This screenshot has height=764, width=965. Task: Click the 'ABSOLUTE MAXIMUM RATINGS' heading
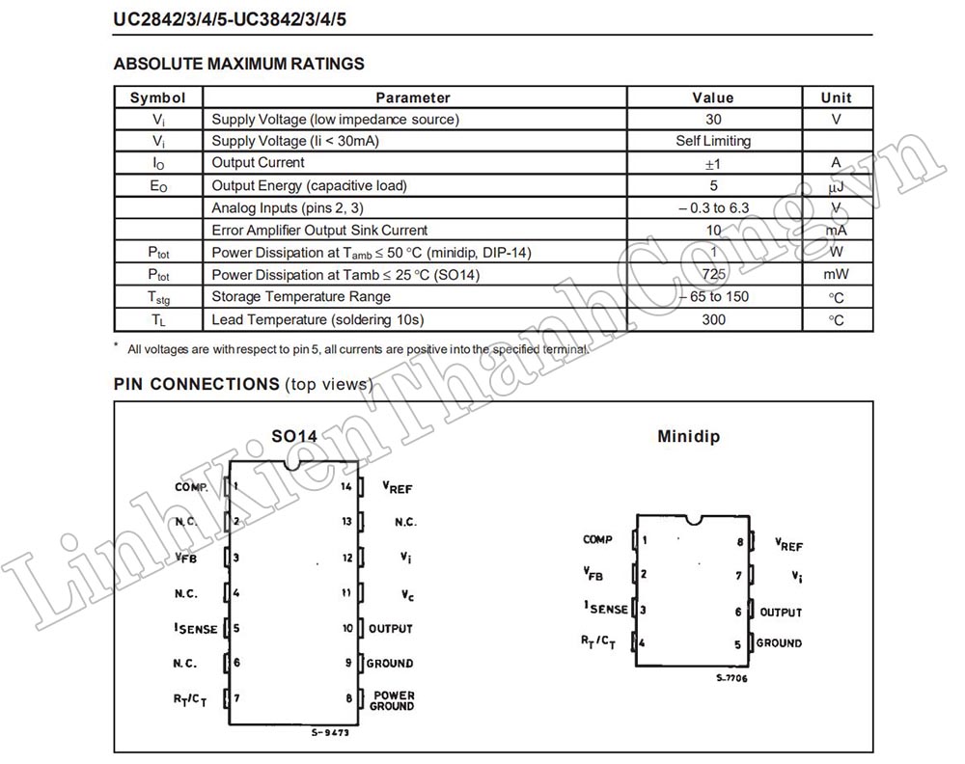tap(238, 65)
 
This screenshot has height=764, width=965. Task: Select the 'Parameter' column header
tap(413, 97)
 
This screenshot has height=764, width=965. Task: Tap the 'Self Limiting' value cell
tap(713, 141)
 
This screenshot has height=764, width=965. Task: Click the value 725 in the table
tap(713, 275)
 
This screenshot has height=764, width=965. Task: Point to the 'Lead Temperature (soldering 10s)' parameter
tap(317, 319)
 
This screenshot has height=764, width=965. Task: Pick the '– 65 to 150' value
tap(713, 297)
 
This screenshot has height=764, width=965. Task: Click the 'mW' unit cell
tap(836, 275)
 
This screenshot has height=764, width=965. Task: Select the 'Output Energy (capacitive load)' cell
tap(309, 185)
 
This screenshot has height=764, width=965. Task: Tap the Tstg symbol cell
tap(158, 297)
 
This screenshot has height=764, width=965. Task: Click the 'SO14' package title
tap(293, 436)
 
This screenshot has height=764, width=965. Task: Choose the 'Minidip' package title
tap(688, 436)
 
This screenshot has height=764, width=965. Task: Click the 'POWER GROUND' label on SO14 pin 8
tap(393, 700)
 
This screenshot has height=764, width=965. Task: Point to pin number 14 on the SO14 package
tap(346, 486)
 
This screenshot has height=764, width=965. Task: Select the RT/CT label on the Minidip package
tap(598, 641)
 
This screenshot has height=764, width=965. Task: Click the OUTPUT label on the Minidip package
tap(781, 613)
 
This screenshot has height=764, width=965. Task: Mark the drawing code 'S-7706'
tap(731, 678)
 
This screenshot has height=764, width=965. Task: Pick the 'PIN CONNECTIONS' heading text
tap(196, 384)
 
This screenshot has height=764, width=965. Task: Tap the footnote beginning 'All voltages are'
tap(357, 349)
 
